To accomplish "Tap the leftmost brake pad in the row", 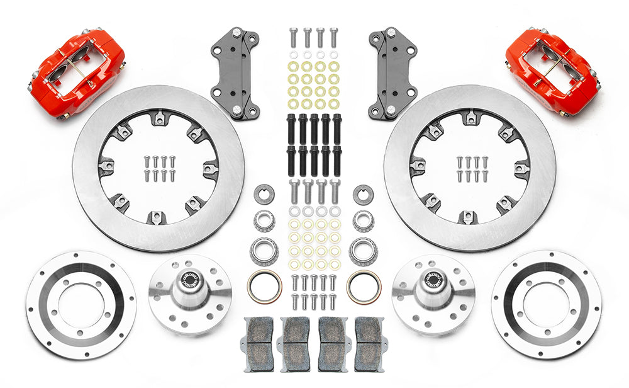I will (x=259, y=341).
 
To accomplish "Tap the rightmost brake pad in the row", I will (x=369, y=341).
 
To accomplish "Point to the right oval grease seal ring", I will (x=364, y=286).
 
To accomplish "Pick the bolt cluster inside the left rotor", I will (x=158, y=169).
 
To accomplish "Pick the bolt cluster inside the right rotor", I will (x=469, y=169).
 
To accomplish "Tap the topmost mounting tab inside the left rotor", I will (x=158, y=117).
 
